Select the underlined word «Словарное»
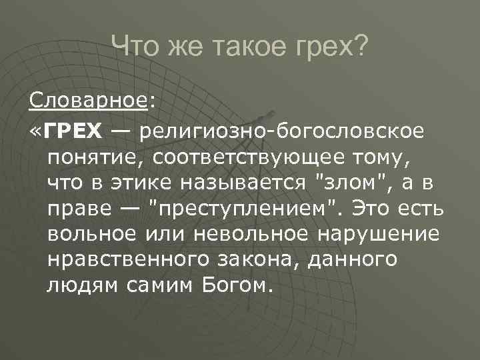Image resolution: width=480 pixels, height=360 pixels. coord(89,102)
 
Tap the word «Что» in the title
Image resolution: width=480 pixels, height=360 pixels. coord(132,47)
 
